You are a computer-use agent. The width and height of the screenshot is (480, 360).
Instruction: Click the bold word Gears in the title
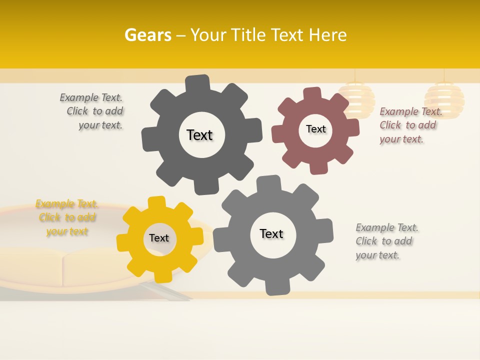(147, 35)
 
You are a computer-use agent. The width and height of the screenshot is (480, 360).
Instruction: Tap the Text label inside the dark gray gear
(199, 135)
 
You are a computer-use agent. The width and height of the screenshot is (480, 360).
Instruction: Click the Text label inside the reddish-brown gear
(315, 129)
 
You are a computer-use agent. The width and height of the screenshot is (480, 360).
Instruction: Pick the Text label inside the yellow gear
(159, 238)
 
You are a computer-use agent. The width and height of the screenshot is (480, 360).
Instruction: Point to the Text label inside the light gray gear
(271, 233)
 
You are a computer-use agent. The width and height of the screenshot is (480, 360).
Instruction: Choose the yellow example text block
(67, 217)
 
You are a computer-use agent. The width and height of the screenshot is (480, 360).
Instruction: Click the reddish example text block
(410, 125)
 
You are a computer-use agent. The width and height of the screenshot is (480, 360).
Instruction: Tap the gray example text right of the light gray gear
(386, 241)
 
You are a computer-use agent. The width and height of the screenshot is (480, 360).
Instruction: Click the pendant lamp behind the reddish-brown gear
(355, 97)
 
